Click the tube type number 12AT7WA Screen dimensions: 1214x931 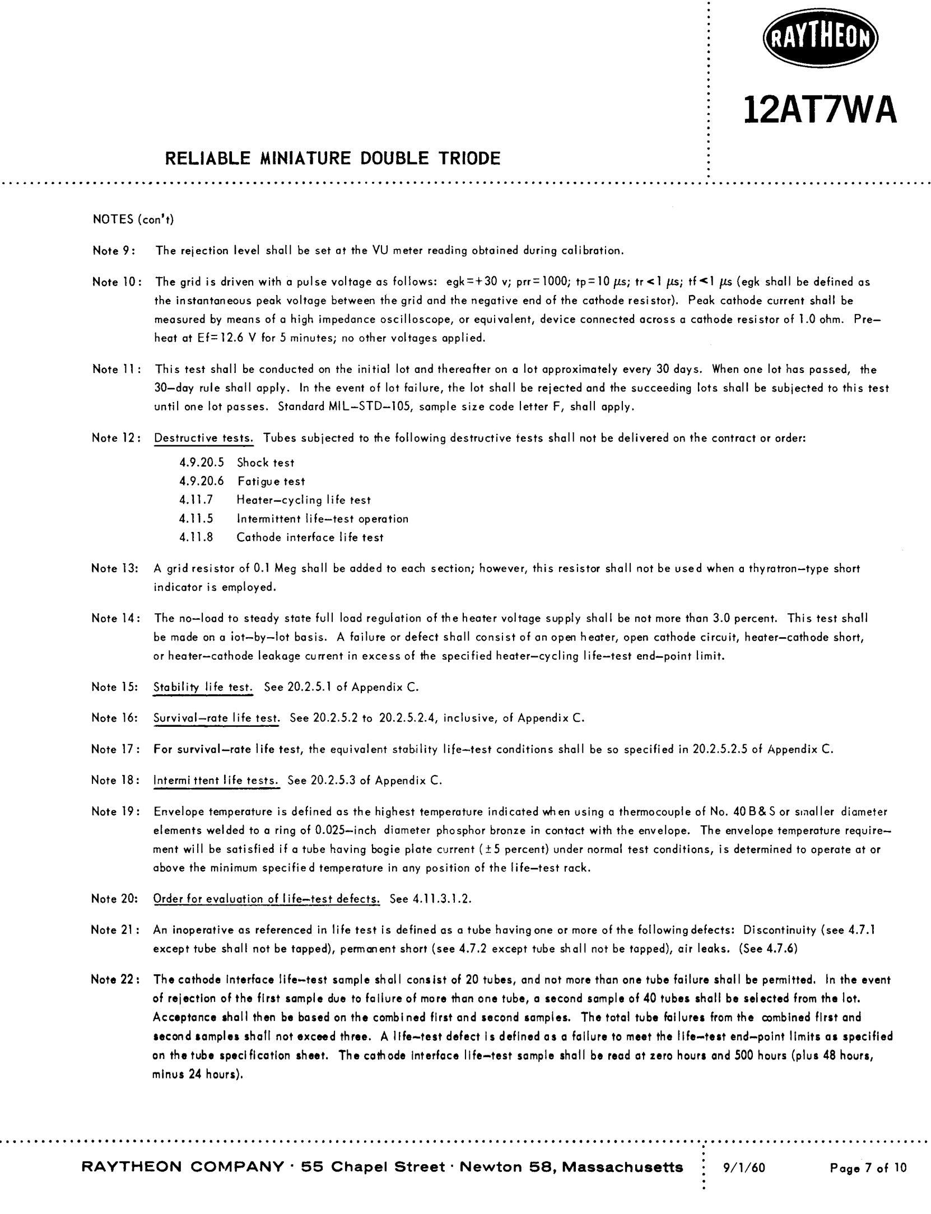point(820,111)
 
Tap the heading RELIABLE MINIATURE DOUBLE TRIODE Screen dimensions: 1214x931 point(332,158)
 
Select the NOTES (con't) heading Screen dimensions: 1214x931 point(133,219)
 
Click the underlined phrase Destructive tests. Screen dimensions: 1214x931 point(203,438)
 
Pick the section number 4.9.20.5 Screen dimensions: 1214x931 point(202,463)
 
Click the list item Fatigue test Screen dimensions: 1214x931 point(271,481)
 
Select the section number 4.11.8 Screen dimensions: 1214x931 point(196,538)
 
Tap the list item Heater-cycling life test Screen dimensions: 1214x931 point(303,500)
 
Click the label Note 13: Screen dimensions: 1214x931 point(115,568)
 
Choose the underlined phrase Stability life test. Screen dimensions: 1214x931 point(203,687)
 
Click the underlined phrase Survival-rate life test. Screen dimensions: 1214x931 point(216,718)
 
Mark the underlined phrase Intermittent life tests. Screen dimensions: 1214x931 point(216,780)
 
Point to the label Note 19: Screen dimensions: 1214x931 point(115,811)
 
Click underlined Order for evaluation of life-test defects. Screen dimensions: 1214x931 point(266,899)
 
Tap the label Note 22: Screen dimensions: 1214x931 point(115,979)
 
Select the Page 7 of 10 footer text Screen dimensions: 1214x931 point(868,1168)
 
